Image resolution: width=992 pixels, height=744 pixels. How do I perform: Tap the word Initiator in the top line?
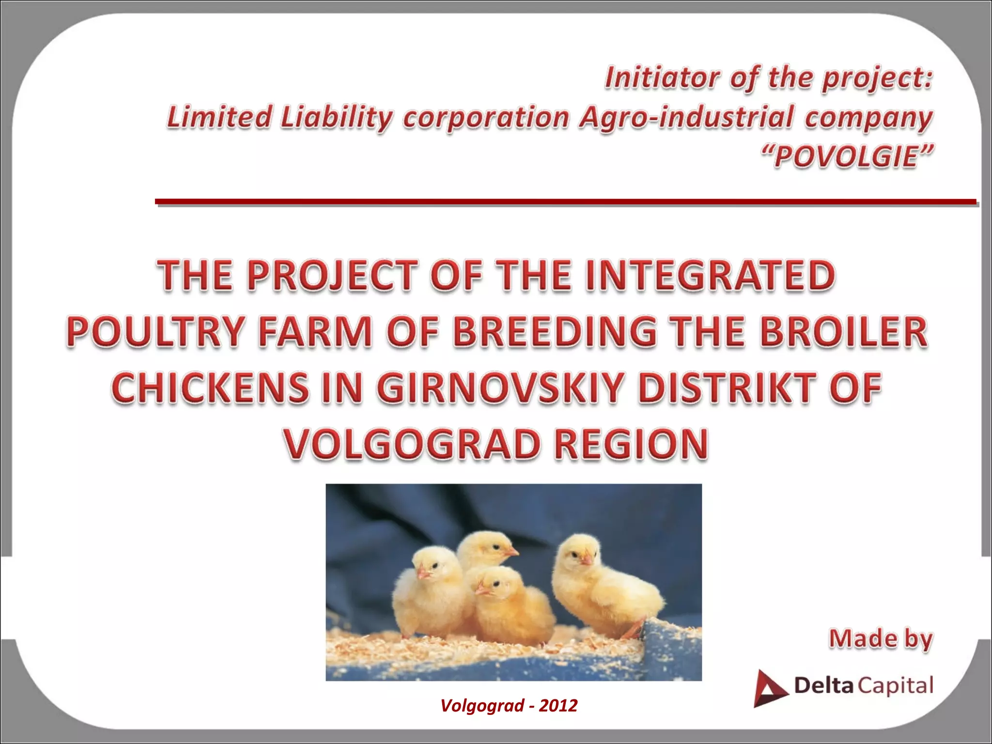[x=662, y=77]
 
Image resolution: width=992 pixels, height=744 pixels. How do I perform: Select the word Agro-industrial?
[x=686, y=118]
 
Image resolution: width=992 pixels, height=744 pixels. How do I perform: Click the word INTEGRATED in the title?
[x=710, y=275]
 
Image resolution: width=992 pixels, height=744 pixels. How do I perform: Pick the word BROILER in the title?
[x=843, y=331]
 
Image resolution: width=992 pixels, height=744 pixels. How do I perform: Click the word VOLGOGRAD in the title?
[x=412, y=444]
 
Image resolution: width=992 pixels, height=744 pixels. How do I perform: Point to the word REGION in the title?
[x=631, y=444]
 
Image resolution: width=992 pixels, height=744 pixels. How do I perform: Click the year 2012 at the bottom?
[x=558, y=705]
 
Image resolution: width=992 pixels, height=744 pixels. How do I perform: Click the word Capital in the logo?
[x=895, y=686]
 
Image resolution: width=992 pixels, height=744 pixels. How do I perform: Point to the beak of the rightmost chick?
[x=587, y=559]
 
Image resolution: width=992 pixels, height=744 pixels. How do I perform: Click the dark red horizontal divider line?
[x=565, y=201]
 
